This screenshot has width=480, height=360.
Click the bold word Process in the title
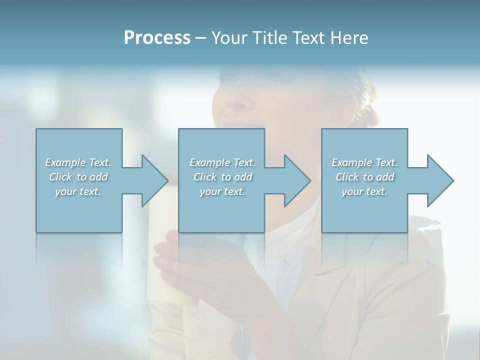(x=157, y=38)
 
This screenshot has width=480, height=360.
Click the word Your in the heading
(x=228, y=38)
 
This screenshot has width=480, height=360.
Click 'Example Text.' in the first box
(x=78, y=162)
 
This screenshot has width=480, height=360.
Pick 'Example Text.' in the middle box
(x=222, y=162)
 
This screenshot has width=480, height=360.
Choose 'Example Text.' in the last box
(x=364, y=162)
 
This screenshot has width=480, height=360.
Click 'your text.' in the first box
(x=78, y=191)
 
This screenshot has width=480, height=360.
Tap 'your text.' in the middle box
(x=222, y=191)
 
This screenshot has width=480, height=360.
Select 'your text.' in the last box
(x=364, y=191)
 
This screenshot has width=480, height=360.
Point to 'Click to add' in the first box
(x=78, y=177)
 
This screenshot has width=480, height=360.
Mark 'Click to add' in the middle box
(x=222, y=177)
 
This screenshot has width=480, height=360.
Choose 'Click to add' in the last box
(x=364, y=177)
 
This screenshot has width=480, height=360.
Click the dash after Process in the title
(x=201, y=38)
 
